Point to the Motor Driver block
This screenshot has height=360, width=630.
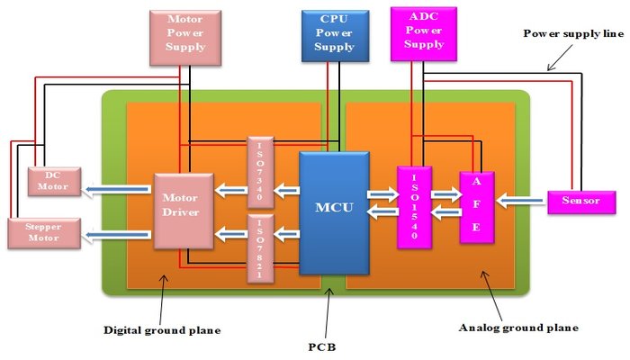click(x=183, y=211)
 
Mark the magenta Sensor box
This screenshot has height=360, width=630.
click(x=573, y=201)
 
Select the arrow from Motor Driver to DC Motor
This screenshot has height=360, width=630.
click(x=117, y=189)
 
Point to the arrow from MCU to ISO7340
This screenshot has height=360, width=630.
click(x=287, y=189)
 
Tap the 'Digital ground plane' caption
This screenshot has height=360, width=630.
click(x=163, y=330)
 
